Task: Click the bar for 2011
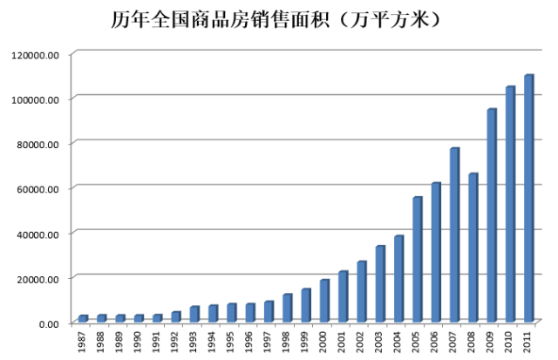tap(528, 198)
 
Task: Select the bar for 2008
tap(473, 247)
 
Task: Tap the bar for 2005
tap(417, 259)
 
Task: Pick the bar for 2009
tap(492, 214)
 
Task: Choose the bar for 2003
tap(380, 282)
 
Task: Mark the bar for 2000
tap(324, 299)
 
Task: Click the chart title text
tap(279, 18)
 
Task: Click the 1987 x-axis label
tap(83, 341)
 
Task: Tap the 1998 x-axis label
tap(287, 341)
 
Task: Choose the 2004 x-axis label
tap(398, 341)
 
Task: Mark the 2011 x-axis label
tap(528, 341)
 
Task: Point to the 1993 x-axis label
tap(194, 341)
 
